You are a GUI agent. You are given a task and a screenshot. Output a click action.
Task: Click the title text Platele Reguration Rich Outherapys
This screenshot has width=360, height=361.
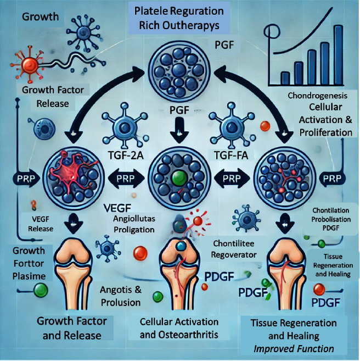click(x=179, y=19)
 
